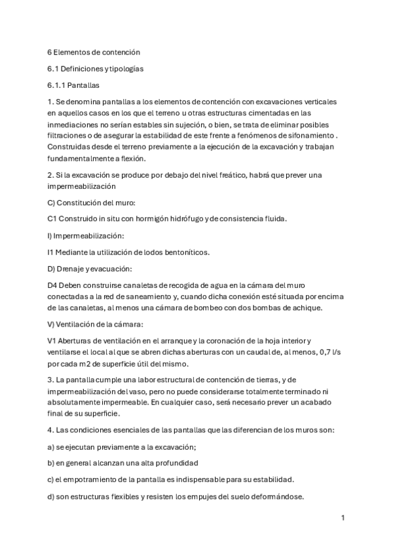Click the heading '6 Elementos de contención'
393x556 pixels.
(94, 51)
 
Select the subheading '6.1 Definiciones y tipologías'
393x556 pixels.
(96, 68)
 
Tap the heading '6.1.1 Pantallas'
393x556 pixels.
(75, 85)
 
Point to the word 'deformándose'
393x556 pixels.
(276, 496)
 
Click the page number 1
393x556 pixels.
(343, 518)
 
